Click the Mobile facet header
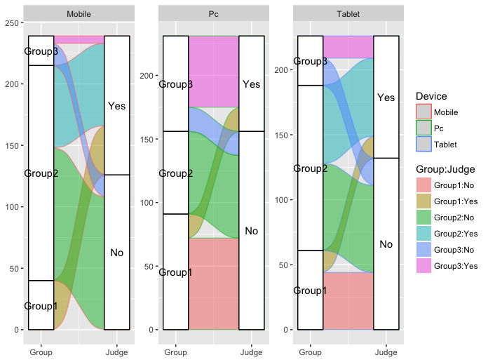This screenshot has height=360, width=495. pos(78,14)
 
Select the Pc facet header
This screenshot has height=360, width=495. pos(213,14)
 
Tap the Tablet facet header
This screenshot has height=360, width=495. pos(348,14)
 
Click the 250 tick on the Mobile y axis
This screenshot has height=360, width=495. pos(12,22)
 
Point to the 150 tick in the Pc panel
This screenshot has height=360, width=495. pos(144,139)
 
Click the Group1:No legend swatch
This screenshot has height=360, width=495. pos(423,185)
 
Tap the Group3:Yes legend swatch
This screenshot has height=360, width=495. pos(423,265)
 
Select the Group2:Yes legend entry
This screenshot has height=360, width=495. pos(456,233)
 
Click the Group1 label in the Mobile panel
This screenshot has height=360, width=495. pos(41,306)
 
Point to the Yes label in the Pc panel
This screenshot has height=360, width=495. pos(252,84)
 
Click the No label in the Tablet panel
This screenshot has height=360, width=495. pos(386,244)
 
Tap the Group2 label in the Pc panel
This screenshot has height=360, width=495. pos(176,173)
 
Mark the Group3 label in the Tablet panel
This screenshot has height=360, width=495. pos(311,61)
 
